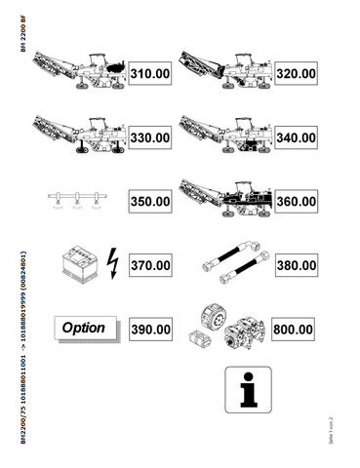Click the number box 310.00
click(151, 73)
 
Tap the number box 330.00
click(151, 137)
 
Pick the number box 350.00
click(151, 202)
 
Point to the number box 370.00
click(151, 265)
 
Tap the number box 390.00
click(151, 330)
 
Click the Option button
click(84, 329)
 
